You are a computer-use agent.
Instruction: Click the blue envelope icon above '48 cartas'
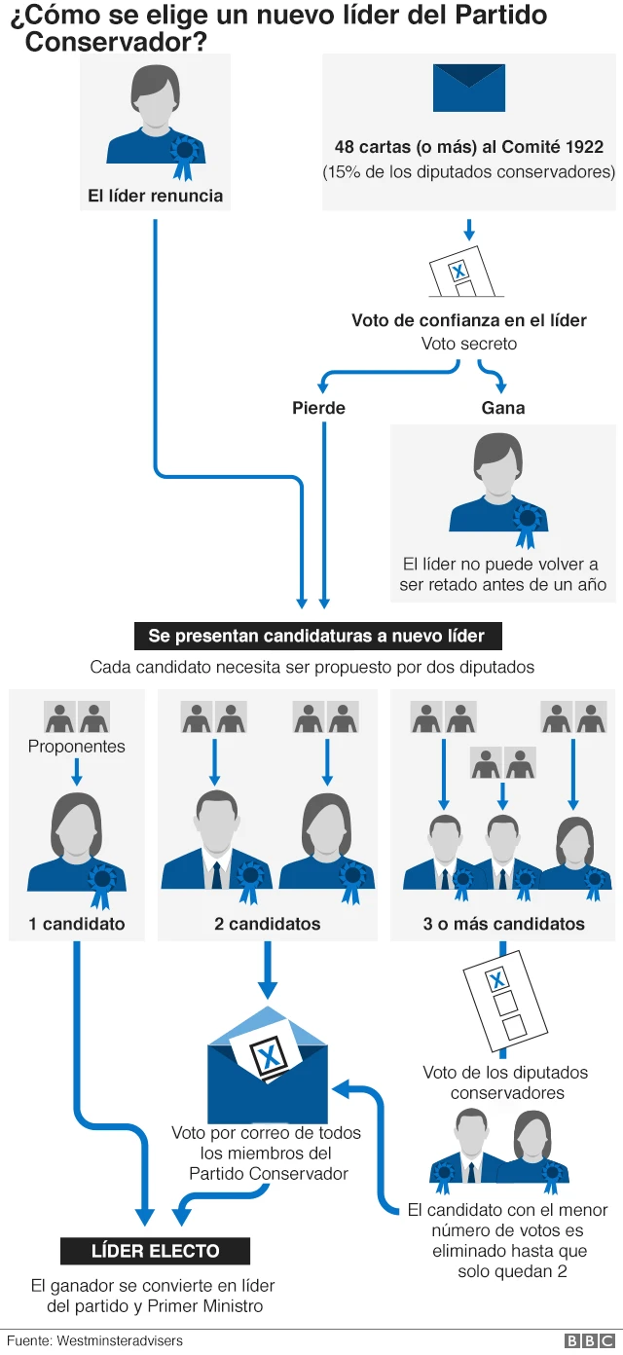click(469, 88)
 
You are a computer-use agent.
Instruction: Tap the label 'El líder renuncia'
click(155, 196)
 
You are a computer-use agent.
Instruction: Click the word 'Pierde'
click(318, 408)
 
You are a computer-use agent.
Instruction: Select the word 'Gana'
click(502, 408)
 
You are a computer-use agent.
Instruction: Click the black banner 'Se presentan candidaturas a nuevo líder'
click(316, 637)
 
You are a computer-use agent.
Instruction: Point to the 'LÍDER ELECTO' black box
click(156, 1251)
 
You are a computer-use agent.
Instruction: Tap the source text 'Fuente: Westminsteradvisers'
click(94, 1340)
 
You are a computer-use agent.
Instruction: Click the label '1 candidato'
click(77, 924)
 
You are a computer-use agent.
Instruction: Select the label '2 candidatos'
click(268, 924)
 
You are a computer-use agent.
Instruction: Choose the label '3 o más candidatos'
click(503, 924)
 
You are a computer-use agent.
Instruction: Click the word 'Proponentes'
click(77, 747)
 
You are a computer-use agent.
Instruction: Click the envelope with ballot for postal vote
click(268, 1065)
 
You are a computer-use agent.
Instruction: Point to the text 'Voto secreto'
click(469, 344)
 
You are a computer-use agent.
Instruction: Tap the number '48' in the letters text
click(345, 148)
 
